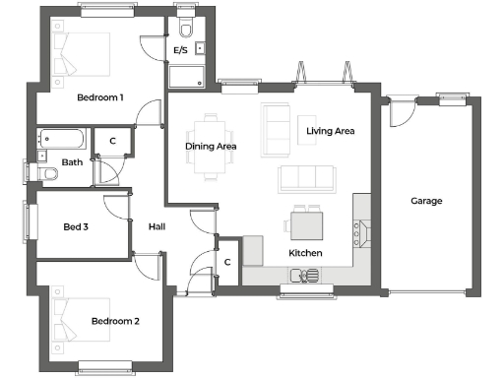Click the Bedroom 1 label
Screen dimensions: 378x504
100,97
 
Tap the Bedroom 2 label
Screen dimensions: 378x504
115,322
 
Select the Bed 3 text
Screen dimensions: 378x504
76,227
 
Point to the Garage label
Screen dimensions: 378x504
426,201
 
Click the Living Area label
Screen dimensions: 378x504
330,130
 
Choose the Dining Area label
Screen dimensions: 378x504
212,147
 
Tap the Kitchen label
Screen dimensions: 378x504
305,254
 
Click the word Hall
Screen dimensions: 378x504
157,227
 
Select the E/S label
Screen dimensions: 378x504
181,49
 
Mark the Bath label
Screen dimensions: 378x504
72,162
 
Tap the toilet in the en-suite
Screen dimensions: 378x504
186,24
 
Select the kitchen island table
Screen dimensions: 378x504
305,224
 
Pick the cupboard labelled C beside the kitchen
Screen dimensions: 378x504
227,262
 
